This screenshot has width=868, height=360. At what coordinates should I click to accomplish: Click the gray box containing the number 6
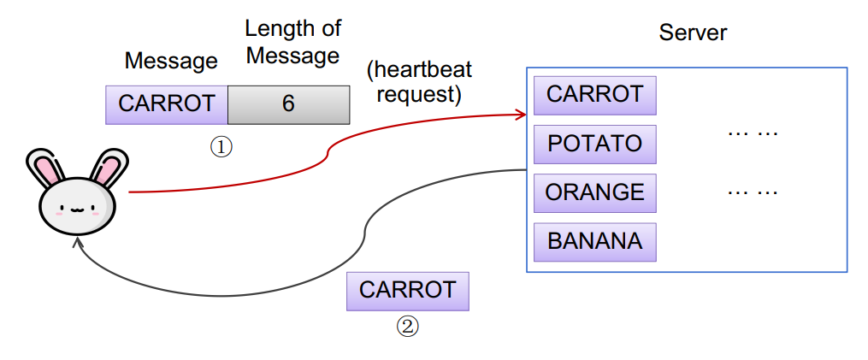point(288,104)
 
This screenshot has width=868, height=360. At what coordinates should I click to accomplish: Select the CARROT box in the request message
point(167,104)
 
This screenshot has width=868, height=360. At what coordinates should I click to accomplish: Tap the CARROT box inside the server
point(595,95)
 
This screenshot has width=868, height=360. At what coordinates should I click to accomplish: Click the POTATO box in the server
point(595,144)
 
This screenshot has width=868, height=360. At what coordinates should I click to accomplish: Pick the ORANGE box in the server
point(595,192)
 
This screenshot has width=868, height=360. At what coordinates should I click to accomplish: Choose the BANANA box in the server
point(595,242)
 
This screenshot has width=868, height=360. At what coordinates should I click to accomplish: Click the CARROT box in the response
point(407,291)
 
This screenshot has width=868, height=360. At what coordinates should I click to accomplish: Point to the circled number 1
point(221,147)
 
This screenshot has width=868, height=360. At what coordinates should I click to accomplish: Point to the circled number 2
point(407,327)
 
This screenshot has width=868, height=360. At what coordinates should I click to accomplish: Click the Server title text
point(693,32)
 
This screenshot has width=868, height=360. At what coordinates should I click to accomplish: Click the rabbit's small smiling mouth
point(77,210)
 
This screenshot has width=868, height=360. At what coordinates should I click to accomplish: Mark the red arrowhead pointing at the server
point(520,115)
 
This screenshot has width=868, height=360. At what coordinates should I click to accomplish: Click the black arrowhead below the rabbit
point(78,243)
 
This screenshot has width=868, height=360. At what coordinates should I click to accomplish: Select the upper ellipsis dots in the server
point(753,133)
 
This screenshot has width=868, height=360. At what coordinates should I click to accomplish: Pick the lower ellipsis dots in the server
point(753,192)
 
